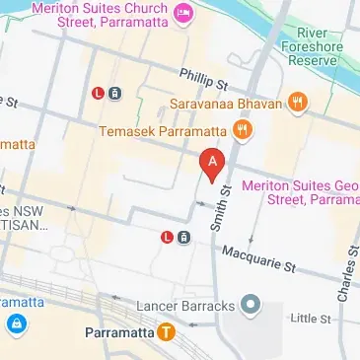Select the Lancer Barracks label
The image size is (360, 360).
coord(185,305)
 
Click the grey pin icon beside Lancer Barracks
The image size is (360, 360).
coord(250,304)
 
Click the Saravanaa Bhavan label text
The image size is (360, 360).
coord(230,103)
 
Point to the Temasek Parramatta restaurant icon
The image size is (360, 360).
coord(242,129)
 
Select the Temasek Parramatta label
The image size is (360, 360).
coord(165,130)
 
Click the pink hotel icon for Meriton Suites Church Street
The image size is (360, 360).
coord(182,14)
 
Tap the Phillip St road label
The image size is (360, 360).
coord(205,77)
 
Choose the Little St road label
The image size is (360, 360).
coord(312,318)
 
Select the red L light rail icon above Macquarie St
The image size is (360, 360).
coord(167,237)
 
